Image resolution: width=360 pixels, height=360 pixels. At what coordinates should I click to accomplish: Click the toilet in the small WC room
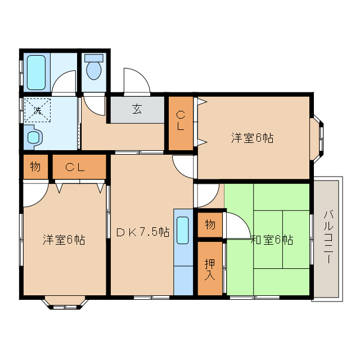tap(93, 69)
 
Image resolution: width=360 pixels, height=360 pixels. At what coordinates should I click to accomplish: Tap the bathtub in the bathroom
tap(35, 72)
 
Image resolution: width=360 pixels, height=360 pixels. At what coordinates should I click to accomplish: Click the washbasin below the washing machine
tap(33, 137)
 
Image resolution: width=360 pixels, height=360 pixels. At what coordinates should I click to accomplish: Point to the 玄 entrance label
tap(137, 110)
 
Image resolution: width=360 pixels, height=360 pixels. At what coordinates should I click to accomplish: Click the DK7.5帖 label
tap(142, 232)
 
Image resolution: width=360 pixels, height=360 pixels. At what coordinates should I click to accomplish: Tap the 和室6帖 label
tap(272, 240)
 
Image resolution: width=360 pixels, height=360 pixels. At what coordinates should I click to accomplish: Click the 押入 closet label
tap(210, 269)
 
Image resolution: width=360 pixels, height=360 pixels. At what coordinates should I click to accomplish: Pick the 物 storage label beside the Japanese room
tap(210, 224)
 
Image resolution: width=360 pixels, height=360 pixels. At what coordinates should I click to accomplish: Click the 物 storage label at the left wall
tap(35, 166)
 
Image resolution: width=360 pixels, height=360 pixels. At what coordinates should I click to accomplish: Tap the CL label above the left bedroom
tap(78, 166)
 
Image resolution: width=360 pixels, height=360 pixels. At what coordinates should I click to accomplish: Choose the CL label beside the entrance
tap(180, 121)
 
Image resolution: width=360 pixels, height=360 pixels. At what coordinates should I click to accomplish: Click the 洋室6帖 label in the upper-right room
tap(252, 137)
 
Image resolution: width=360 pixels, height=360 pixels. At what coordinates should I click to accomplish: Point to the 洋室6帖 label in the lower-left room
tap(64, 240)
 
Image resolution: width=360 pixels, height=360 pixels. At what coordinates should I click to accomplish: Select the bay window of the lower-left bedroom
tap(64, 303)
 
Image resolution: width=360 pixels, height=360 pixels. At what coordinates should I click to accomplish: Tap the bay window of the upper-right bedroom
tap(318, 137)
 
